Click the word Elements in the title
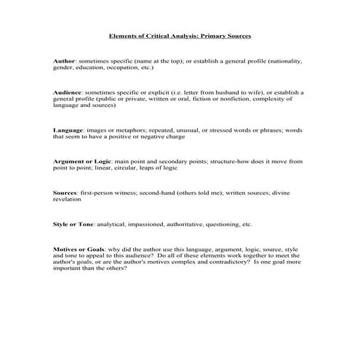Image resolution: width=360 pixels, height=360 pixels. [x=121, y=35]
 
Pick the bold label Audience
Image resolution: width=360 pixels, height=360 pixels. [x=68, y=93]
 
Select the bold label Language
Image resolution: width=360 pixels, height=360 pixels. [x=69, y=129]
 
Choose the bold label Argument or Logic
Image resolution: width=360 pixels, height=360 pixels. [x=82, y=161]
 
